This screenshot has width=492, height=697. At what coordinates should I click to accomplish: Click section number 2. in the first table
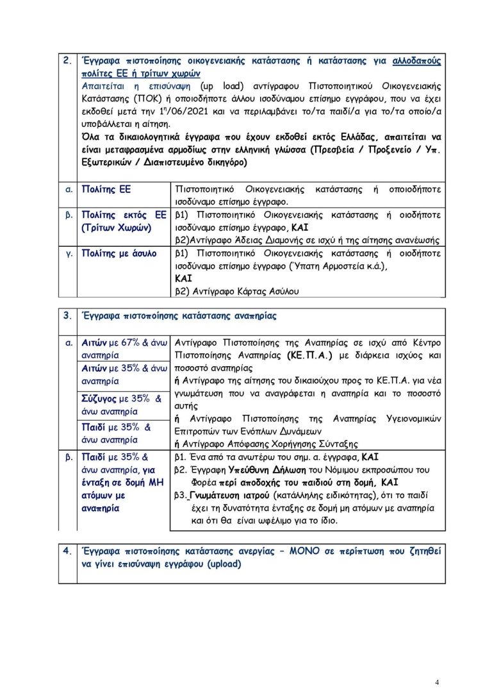[x=67, y=61]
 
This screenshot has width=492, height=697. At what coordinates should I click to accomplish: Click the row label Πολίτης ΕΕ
[x=108, y=190]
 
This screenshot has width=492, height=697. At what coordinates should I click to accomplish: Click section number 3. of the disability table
[x=67, y=316]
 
